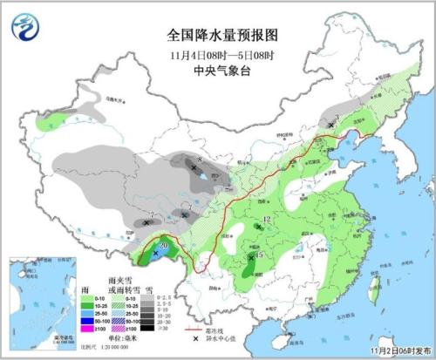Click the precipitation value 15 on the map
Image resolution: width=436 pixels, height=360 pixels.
(259, 255)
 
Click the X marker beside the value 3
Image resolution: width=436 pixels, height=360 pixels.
(331, 126)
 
